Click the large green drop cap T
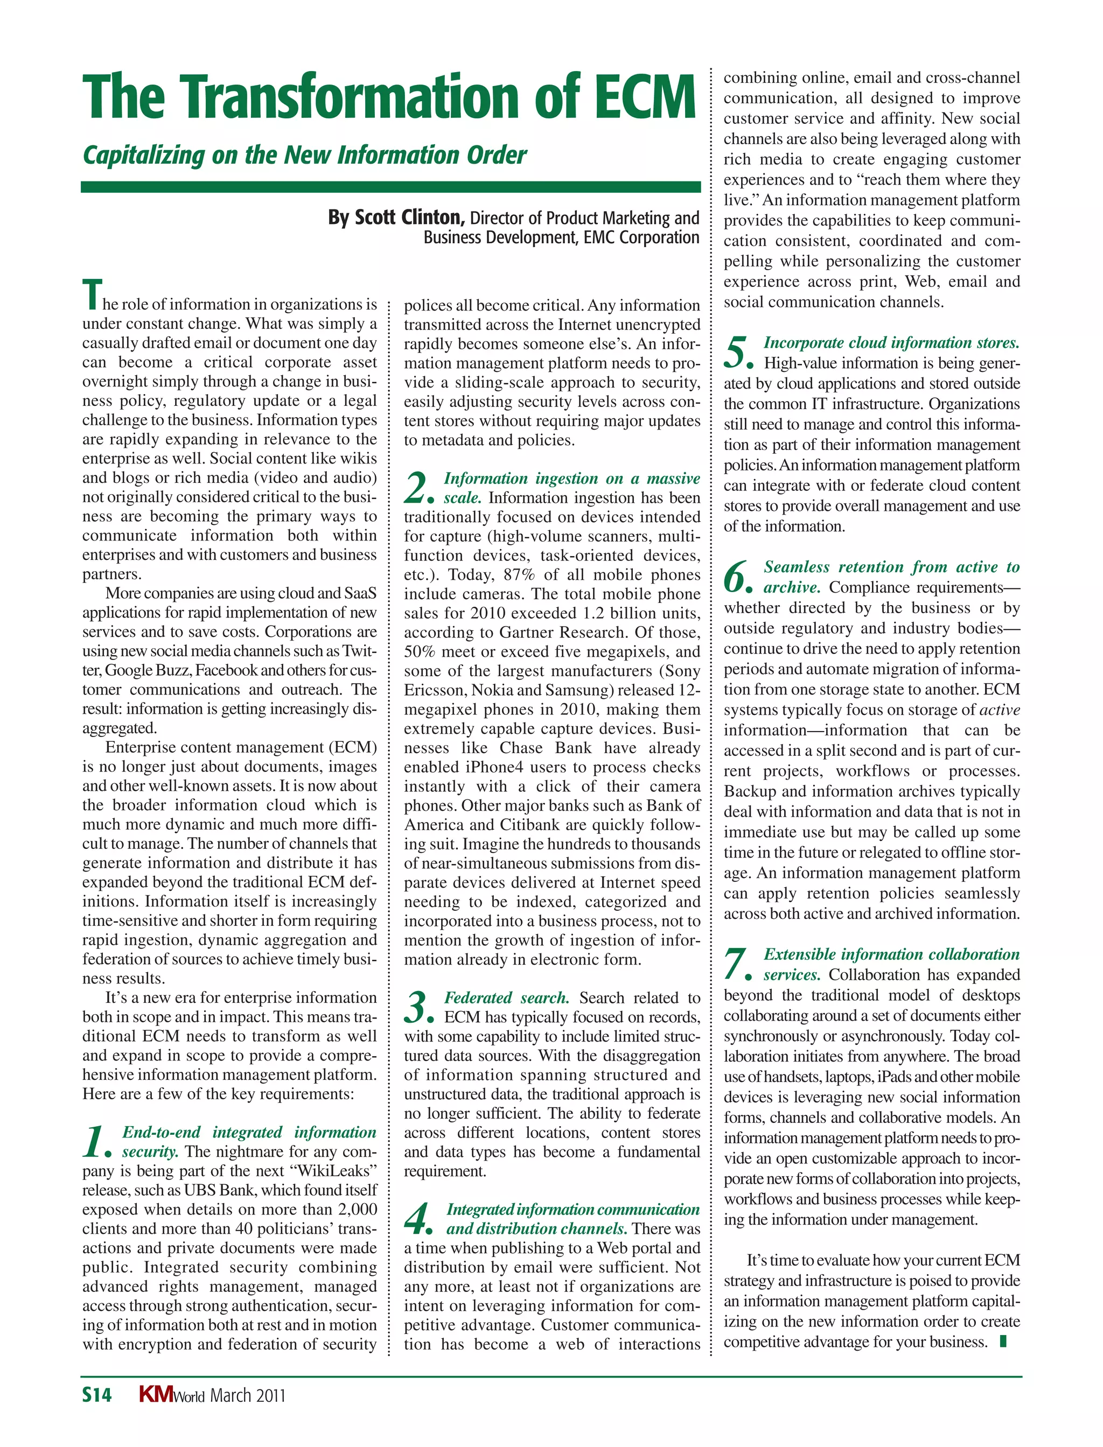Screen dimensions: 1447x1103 coord(93,294)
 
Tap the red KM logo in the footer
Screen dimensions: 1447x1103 coord(156,1394)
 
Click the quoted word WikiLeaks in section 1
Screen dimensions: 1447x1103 coord(337,1171)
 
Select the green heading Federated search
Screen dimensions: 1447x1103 coord(507,998)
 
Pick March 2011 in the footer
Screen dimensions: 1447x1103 coord(248,1395)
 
